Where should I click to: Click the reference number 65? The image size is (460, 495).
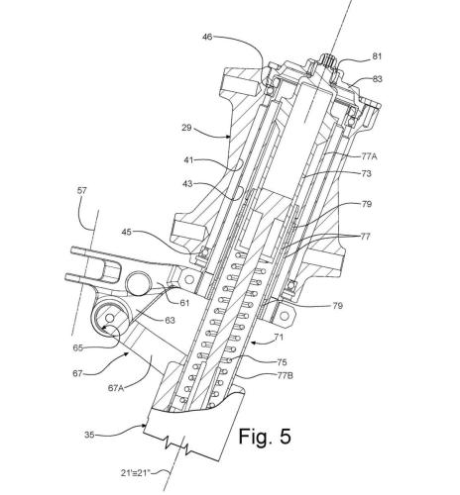77,347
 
